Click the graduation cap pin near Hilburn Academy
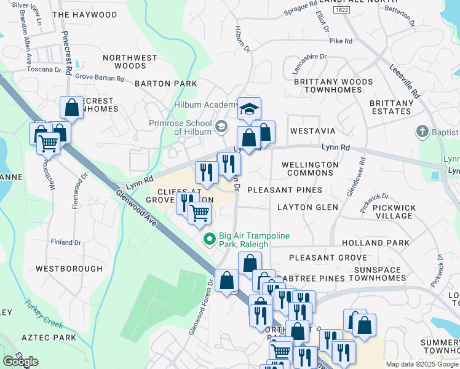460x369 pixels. (249, 109)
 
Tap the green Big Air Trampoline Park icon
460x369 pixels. (209, 239)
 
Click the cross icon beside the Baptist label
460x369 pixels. (422, 131)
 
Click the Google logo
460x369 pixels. (20, 362)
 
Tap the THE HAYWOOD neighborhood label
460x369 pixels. (84, 14)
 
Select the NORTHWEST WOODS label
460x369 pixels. (130, 61)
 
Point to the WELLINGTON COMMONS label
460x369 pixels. (310, 169)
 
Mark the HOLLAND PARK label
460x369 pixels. (384, 243)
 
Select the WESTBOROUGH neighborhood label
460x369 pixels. (69, 269)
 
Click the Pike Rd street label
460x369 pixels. (341, 41)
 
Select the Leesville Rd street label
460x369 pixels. (405, 82)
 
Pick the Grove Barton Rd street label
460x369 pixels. (99, 78)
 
